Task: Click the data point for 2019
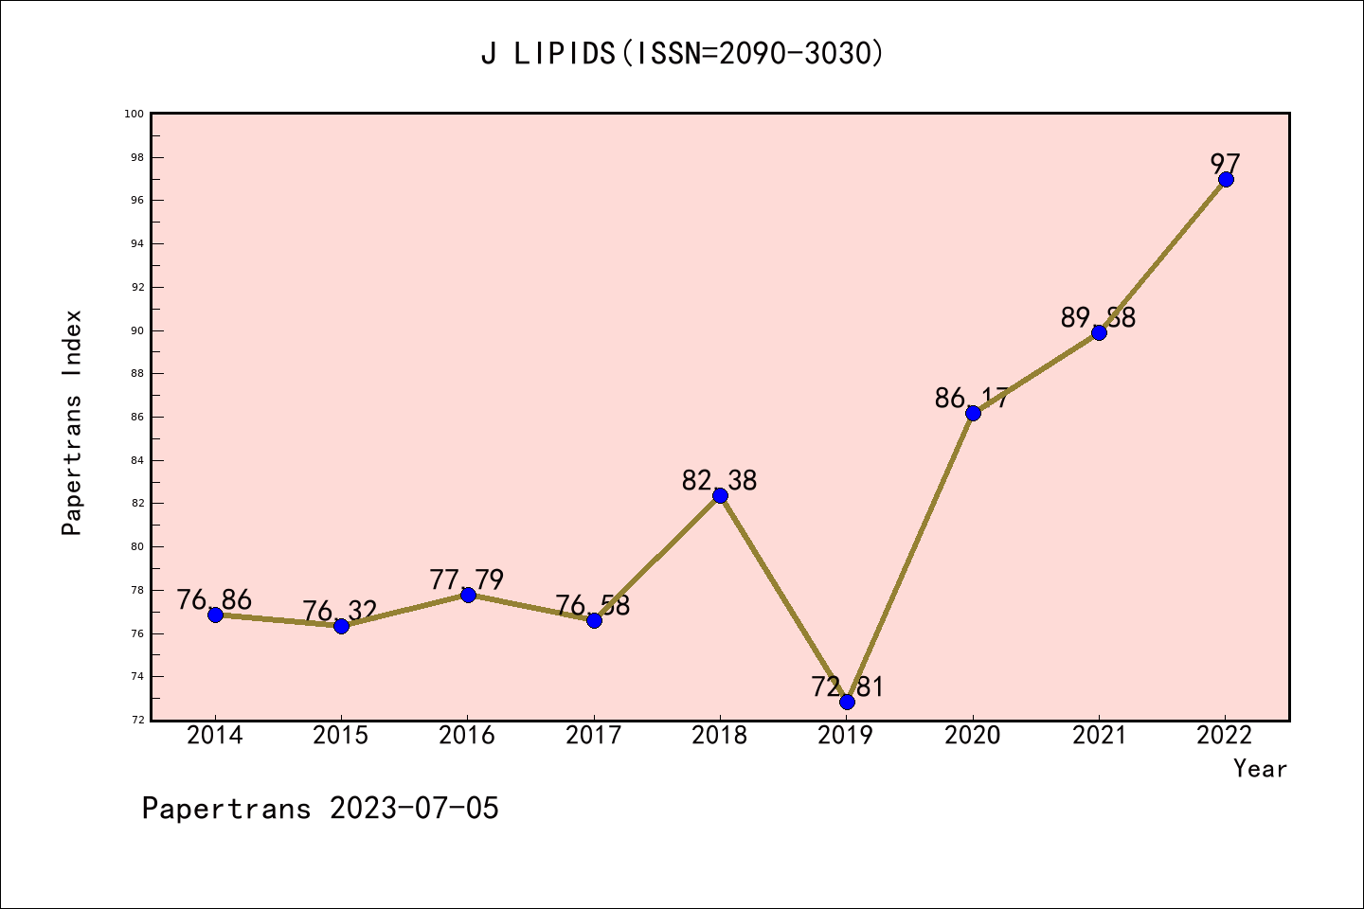847,702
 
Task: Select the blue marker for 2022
1226,179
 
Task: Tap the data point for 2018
720,495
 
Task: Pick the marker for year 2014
215,615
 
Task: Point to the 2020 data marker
973,413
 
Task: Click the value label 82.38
720,481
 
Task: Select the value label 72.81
847,687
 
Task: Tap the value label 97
1226,164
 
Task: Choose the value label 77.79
467,579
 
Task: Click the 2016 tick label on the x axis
467,736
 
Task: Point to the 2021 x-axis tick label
1099,736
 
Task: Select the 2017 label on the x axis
594,736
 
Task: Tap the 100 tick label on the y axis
134,115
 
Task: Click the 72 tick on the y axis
136,721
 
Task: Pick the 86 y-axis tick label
136,418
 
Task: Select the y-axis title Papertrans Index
72,422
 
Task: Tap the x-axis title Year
1260,769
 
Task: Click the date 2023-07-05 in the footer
414,809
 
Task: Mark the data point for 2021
1099,332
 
